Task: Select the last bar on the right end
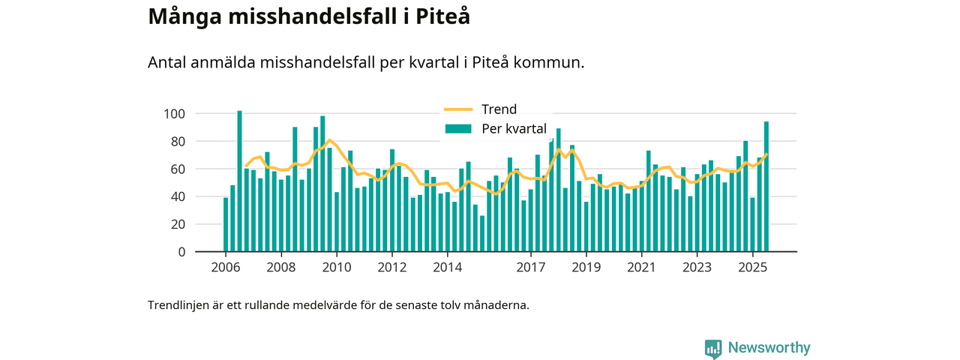(766, 187)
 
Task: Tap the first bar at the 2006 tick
(226, 225)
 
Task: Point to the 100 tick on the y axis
(174, 114)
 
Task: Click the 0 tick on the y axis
(181, 252)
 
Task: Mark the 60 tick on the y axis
(177, 169)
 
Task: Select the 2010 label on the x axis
(336, 268)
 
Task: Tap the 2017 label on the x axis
(530, 268)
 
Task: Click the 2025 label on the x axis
(752, 268)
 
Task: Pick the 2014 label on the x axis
(447, 268)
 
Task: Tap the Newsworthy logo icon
(713, 349)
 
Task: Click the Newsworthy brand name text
(769, 348)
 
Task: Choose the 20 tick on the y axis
(177, 224)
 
